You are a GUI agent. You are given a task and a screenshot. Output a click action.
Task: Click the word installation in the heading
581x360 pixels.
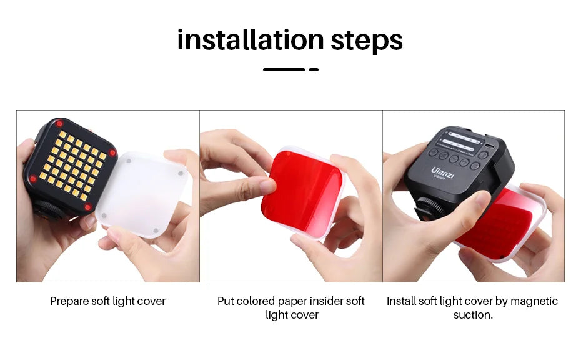(x=251, y=40)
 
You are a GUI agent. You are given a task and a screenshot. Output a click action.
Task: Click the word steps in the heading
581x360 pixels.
(x=367, y=41)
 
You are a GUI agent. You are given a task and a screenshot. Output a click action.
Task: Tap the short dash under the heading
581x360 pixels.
(x=314, y=69)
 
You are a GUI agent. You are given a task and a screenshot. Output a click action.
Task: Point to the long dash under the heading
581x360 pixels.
(x=284, y=69)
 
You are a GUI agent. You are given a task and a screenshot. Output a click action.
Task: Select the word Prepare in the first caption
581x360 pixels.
(x=69, y=301)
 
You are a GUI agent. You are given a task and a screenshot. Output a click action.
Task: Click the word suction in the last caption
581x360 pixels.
(x=472, y=315)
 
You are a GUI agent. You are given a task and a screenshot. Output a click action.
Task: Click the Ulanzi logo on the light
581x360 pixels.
(x=442, y=172)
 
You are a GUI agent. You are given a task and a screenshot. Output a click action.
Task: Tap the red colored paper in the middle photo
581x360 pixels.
(x=302, y=192)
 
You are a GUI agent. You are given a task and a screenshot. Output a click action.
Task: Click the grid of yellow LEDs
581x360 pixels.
(x=71, y=165)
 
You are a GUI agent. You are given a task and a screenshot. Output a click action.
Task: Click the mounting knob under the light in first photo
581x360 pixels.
(x=48, y=209)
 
